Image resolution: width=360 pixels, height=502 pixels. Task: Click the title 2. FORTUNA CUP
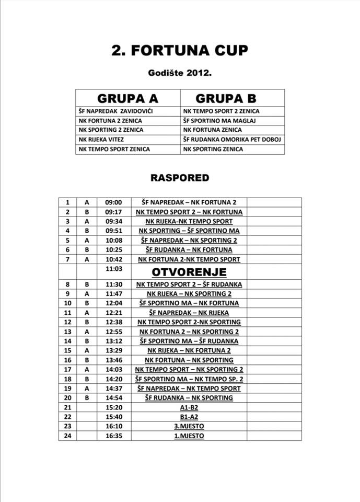[180, 50]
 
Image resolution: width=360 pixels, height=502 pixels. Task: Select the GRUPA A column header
[127, 98]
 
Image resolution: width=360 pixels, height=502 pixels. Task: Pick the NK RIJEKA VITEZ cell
[103, 140]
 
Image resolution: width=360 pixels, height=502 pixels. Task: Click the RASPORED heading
[180, 178]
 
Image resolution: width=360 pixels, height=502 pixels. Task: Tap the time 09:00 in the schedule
[113, 202]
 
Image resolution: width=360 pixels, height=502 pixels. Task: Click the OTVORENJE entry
[189, 272]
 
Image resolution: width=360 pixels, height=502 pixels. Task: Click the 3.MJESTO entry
[189, 426]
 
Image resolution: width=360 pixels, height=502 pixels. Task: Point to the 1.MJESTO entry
[189, 436]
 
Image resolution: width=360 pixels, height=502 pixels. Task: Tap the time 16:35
[113, 436]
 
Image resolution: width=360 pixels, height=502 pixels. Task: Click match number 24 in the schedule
[67, 436]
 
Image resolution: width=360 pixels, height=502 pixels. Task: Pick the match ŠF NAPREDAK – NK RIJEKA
[189, 313]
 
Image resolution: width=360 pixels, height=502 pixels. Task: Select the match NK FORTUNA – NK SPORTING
[189, 360]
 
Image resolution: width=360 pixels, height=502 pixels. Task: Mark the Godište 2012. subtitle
[180, 73]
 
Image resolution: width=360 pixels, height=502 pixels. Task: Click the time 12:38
[113, 322]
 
